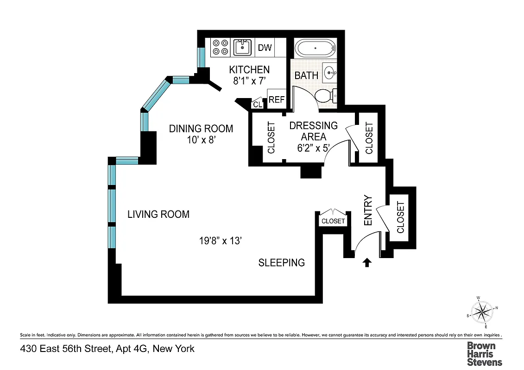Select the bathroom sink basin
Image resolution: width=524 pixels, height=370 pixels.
pos(330,72)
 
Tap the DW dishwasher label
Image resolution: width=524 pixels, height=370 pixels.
pos(265,48)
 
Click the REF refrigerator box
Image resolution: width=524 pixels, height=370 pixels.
pos(277,99)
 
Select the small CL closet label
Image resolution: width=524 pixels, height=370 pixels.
pos(258,105)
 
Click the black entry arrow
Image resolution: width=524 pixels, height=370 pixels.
pos(367,263)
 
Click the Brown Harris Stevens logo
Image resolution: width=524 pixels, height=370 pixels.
pos(484,354)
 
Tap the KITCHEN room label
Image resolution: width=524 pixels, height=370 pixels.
pos(249,70)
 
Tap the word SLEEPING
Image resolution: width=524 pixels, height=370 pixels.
pos(281,263)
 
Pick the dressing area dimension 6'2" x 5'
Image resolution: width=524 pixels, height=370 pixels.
pos(313,148)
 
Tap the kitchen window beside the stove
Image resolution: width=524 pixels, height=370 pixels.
pos(202,56)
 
